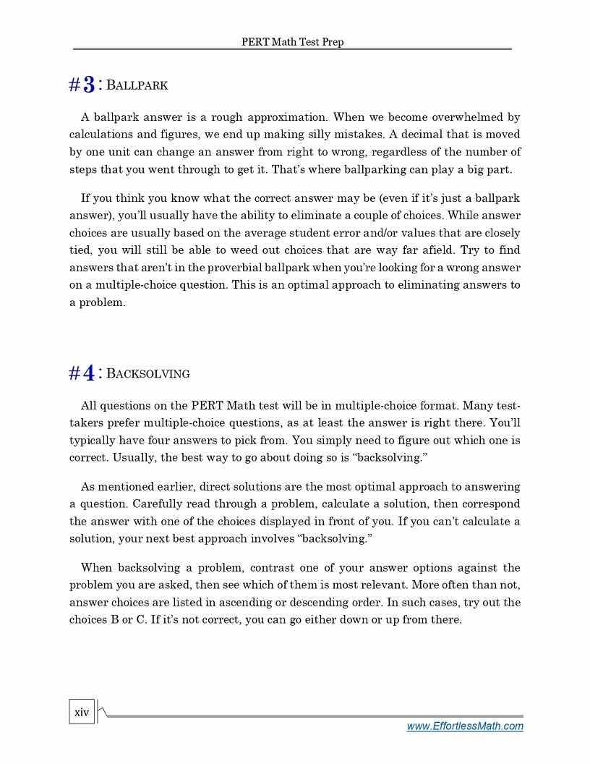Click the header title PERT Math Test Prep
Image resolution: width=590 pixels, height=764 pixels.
292,42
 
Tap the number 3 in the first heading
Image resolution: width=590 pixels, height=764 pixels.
89,85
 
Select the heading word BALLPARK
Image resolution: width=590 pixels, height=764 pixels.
137,86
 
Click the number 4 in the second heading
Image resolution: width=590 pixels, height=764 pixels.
89,373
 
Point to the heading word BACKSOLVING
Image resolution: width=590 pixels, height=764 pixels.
148,374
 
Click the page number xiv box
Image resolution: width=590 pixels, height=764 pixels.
82,713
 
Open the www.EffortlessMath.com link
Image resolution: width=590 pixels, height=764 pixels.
464,726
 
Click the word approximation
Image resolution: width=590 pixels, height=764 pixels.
287,117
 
